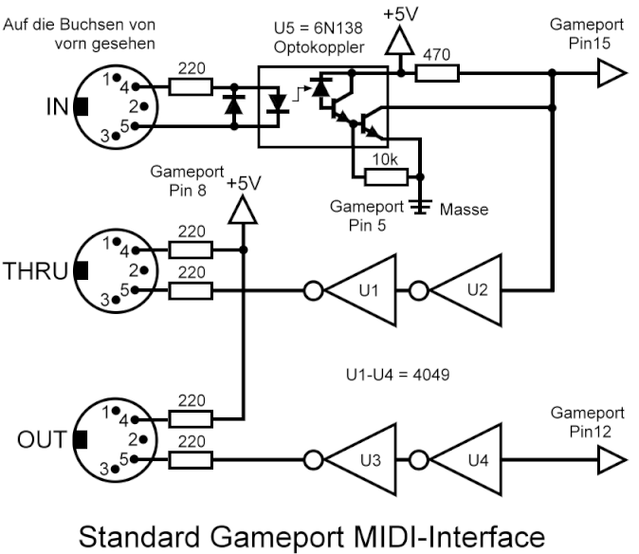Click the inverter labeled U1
pyautogui.click(x=364, y=290)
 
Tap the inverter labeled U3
pyautogui.click(x=364, y=461)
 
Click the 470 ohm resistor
pyautogui.click(x=437, y=72)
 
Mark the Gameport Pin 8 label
pyautogui.click(x=188, y=181)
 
